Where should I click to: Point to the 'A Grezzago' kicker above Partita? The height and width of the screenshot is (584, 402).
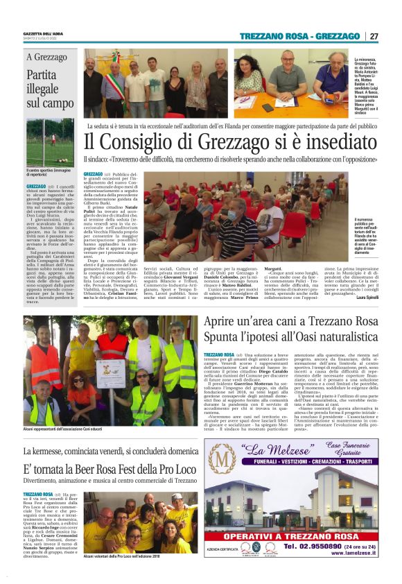pos(47,58)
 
